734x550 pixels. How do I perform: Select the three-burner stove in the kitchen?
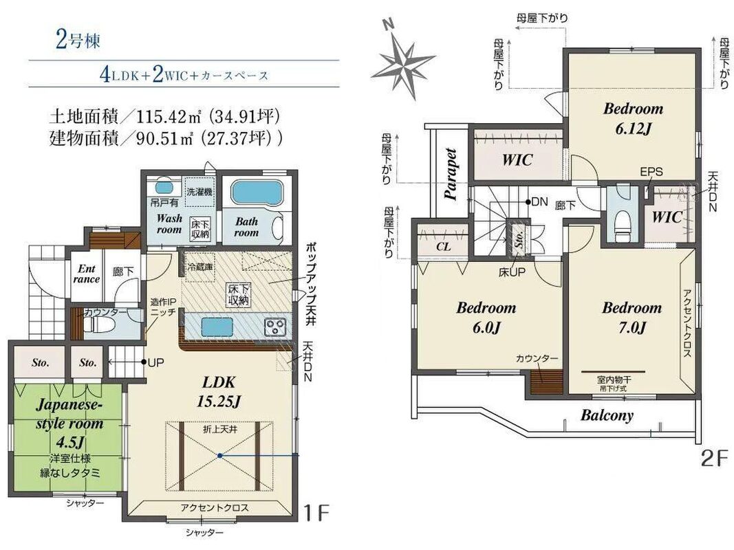click(275, 327)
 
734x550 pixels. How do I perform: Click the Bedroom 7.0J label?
click(632, 318)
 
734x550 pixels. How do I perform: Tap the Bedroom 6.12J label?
click(633, 118)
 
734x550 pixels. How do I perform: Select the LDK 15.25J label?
click(219, 391)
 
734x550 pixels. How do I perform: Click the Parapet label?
click(451, 174)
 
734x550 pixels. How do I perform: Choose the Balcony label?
click(607, 415)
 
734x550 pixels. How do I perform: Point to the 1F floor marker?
click(317, 513)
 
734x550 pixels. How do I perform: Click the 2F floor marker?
click(714, 459)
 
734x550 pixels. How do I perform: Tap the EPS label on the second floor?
click(651, 172)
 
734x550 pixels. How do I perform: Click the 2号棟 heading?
click(78, 41)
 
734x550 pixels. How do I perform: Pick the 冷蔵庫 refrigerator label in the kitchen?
click(200, 267)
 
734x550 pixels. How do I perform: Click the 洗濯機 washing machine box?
click(200, 191)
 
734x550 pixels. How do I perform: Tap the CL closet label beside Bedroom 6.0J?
click(443, 247)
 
